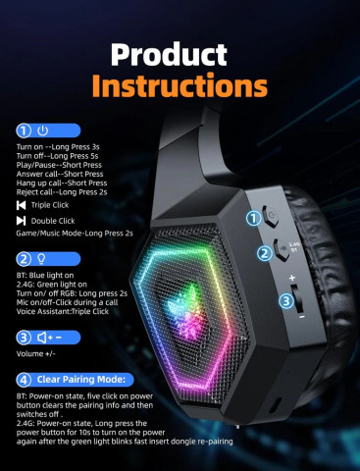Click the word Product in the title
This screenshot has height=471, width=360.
coord(180,53)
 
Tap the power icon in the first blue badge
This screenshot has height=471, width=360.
coord(42,130)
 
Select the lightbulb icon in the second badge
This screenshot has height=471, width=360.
coord(42,259)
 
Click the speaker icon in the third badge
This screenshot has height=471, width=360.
coord(43,338)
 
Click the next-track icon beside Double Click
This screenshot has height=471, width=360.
coord(23,223)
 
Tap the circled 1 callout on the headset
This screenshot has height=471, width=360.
coord(253,218)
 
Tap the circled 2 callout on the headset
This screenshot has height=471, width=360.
coord(263,253)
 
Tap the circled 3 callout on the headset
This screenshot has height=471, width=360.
coord(284,300)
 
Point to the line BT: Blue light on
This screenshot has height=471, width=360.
coord(49,276)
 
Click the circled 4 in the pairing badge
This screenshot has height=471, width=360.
coord(23,378)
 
